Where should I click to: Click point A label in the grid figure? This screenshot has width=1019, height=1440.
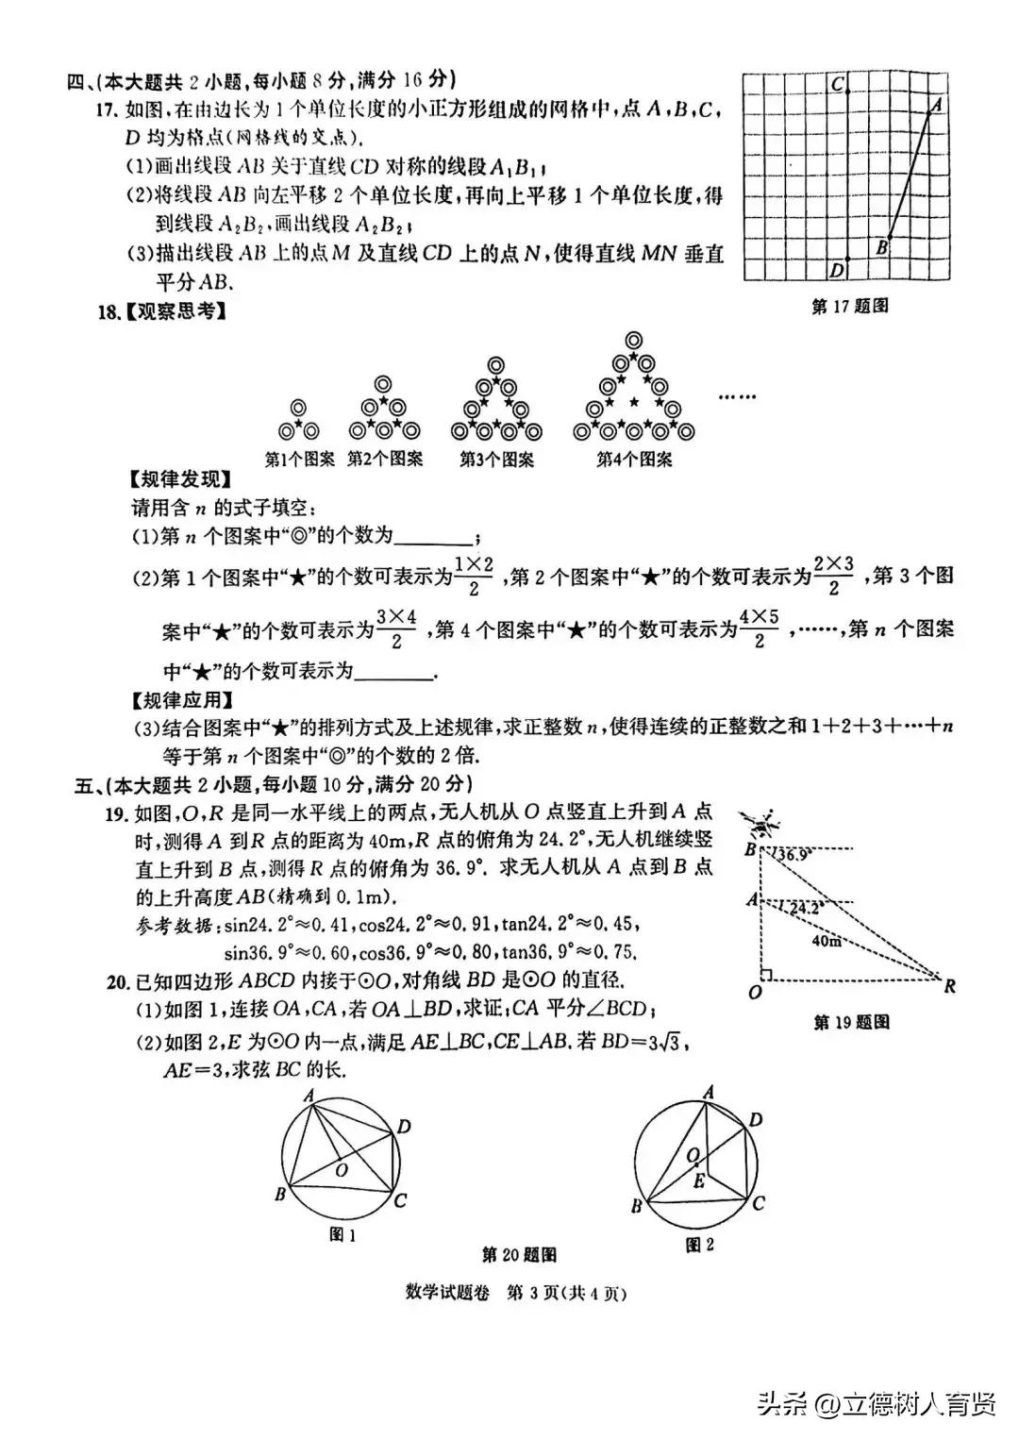937,106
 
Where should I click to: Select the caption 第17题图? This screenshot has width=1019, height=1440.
849,306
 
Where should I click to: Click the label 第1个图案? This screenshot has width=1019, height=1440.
299,460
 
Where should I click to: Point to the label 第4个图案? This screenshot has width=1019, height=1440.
634,460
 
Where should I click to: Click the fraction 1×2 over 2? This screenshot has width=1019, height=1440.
474,576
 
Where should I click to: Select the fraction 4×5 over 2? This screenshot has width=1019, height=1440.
759,628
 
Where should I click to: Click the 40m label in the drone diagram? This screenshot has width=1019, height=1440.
826,941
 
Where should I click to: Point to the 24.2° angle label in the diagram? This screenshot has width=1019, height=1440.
807,908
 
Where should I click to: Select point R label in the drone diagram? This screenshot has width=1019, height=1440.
950,986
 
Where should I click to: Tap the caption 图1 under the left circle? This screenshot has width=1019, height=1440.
342,1234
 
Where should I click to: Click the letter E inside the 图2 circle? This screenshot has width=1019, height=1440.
698,1180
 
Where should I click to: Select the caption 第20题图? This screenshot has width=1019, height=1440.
519,1254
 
